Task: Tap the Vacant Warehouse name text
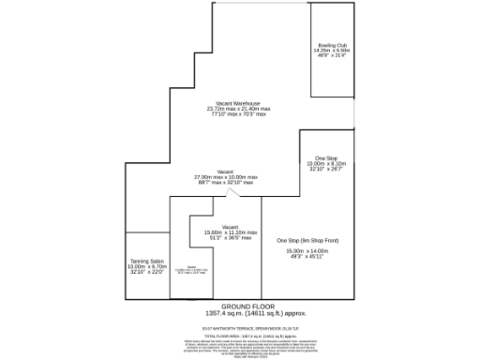(238, 103)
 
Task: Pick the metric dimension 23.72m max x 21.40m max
(238, 109)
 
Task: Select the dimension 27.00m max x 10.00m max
(225, 177)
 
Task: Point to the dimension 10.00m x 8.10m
(326, 163)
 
